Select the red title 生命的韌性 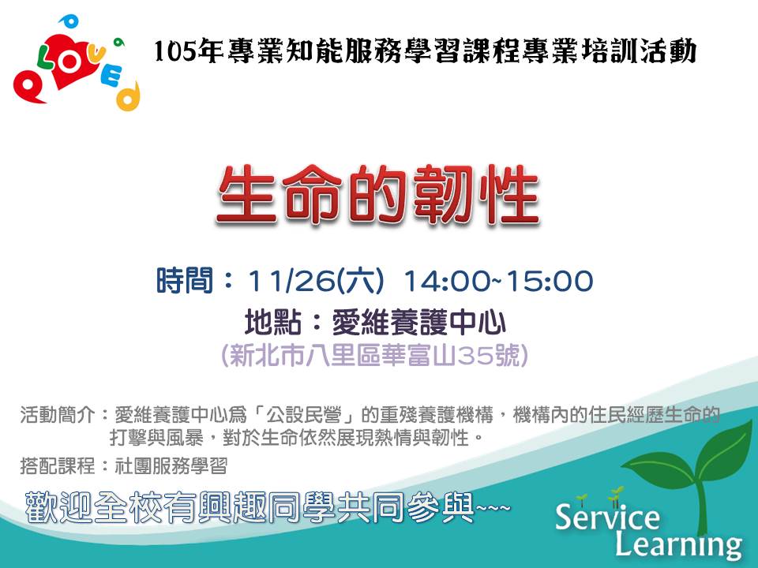[377, 194]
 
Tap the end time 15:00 [550, 281]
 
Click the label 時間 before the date [185, 281]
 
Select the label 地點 [273, 323]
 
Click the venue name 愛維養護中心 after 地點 [418, 323]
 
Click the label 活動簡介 [57, 415]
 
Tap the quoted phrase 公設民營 [303, 415]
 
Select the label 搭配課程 [57, 466]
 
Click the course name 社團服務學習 [171, 466]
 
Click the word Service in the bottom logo [607, 516]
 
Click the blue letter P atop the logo [69, 21]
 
